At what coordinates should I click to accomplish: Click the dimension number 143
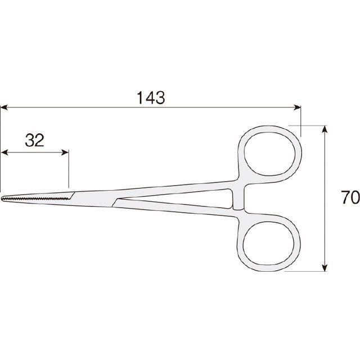pyautogui.click(x=151, y=98)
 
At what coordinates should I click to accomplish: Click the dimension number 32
pyautogui.click(x=34, y=140)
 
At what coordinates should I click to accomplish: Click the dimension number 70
pyautogui.click(x=350, y=197)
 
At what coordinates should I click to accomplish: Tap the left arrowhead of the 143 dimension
pyautogui.click(x=4, y=107)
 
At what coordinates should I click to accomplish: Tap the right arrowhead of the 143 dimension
pyautogui.click(x=298, y=107)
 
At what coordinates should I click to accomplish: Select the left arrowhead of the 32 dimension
pyautogui.click(x=4, y=152)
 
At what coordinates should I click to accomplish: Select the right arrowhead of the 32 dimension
pyautogui.click(x=65, y=152)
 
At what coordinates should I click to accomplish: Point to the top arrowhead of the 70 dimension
pyautogui.click(x=324, y=129)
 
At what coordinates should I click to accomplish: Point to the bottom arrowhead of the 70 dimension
pyautogui.click(x=324, y=268)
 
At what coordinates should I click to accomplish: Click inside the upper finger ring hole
pyautogui.click(x=269, y=154)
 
